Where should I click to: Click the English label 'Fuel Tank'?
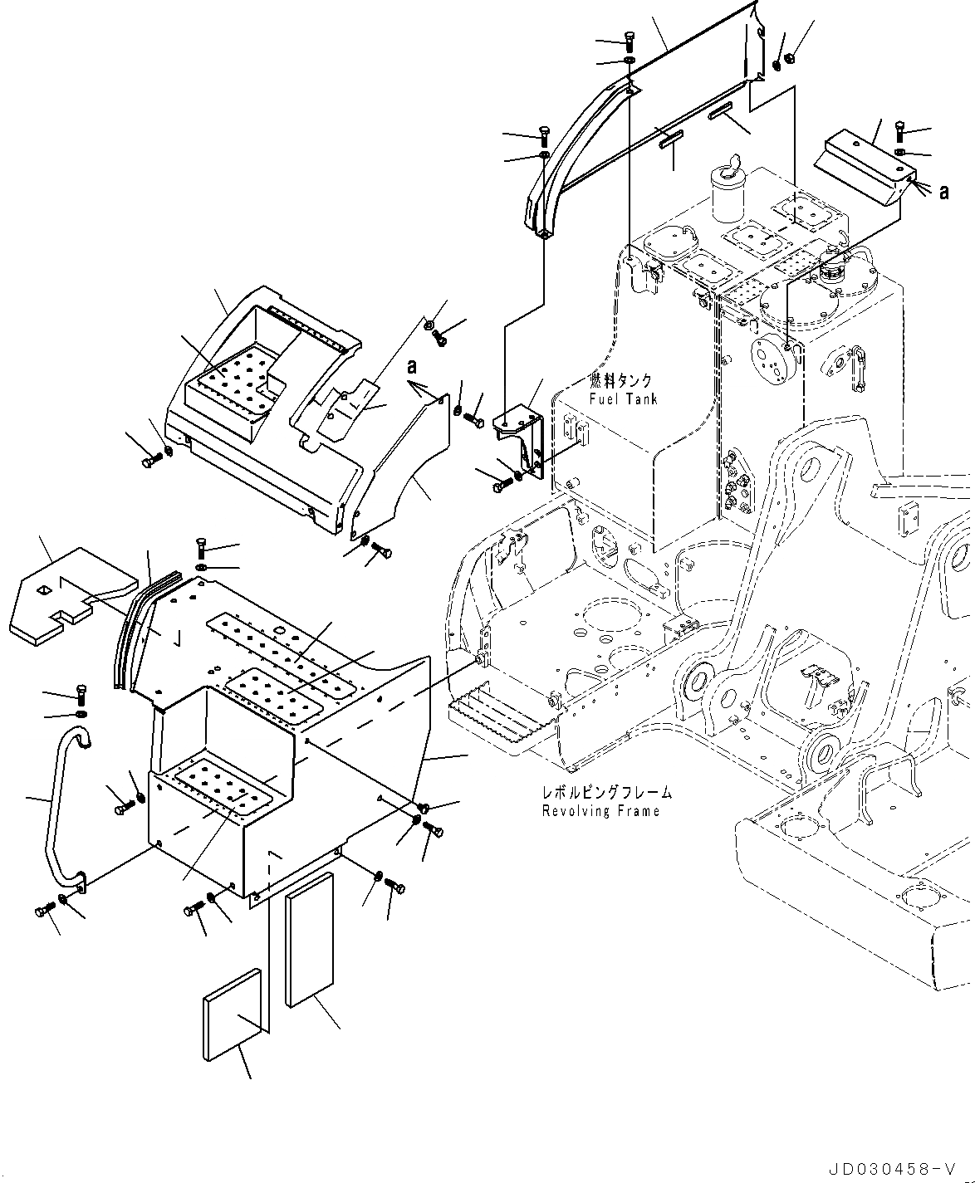[x=622, y=399]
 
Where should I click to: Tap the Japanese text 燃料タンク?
[x=620, y=381]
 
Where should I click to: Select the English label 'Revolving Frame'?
[x=600, y=811]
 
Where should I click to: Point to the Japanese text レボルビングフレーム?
[x=606, y=794]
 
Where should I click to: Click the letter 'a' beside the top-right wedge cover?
[x=943, y=193]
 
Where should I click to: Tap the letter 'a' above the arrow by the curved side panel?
[x=411, y=366]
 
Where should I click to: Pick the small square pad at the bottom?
[x=235, y=1014]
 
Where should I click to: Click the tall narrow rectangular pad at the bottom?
[x=309, y=938]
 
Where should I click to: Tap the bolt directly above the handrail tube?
[x=81, y=692]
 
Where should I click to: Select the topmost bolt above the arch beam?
[x=629, y=39]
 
